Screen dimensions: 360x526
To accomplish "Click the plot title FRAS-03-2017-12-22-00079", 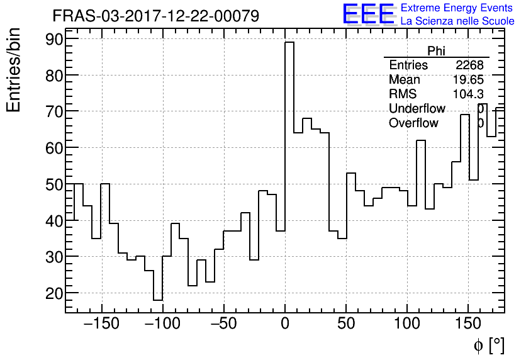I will [155, 16].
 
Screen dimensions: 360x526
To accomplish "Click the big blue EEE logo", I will [368, 14].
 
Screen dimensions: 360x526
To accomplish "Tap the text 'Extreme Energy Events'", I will [457, 8].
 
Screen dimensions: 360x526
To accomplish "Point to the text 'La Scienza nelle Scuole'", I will [457, 21].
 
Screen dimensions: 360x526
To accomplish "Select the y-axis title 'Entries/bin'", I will [14, 70].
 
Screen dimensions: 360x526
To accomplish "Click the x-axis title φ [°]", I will [488, 345].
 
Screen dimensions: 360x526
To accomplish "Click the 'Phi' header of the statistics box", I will [436, 51].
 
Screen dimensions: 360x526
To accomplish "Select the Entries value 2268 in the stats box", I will [469, 65].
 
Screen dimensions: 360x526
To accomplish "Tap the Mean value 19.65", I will [467, 80].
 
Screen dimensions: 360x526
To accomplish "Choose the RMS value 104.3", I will [467, 94].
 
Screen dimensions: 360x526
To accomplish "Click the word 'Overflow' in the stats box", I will [413, 123].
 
